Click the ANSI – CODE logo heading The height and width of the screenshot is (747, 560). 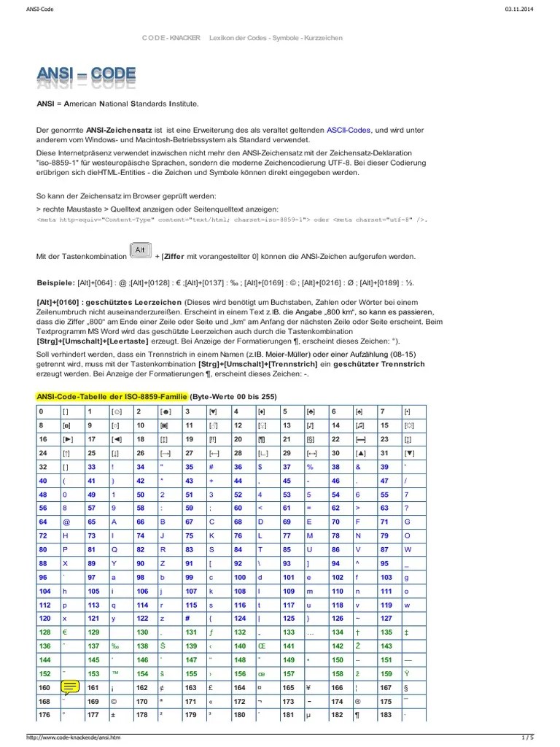87,77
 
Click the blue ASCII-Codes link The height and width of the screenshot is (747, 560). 347,129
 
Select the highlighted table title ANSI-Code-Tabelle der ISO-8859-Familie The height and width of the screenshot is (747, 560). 112,396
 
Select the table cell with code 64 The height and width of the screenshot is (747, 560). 43,522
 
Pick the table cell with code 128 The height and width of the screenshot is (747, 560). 45,632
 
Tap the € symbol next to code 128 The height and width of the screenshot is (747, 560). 65,632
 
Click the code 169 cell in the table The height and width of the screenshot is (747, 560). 93,700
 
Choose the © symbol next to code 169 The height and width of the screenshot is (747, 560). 114,700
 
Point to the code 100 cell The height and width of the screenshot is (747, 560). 240,577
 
